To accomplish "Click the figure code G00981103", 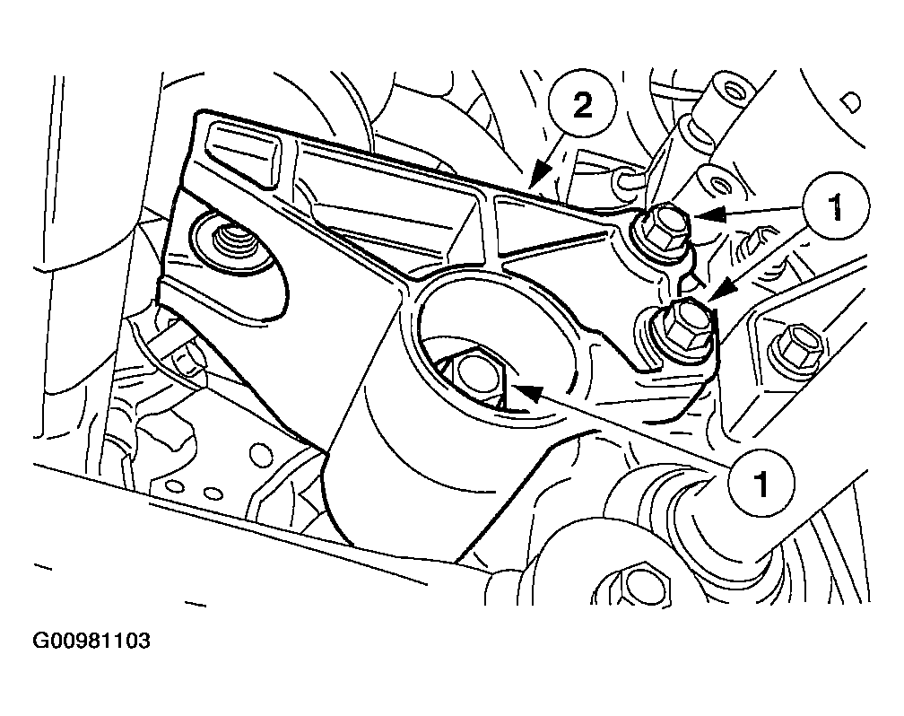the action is [x=91, y=641].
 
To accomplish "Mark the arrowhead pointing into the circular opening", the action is [x=526, y=393].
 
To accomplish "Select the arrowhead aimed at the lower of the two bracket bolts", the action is [x=720, y=290].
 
